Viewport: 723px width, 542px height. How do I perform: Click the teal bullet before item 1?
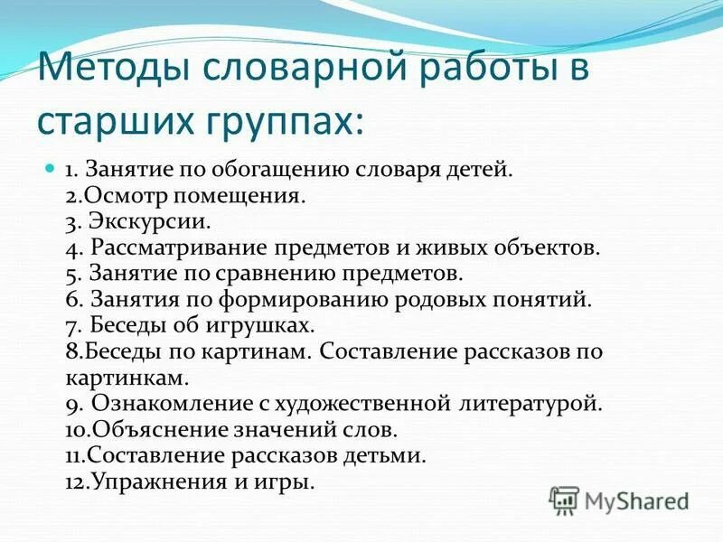(51, 168)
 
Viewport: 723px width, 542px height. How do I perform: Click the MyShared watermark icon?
(565, 500)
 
